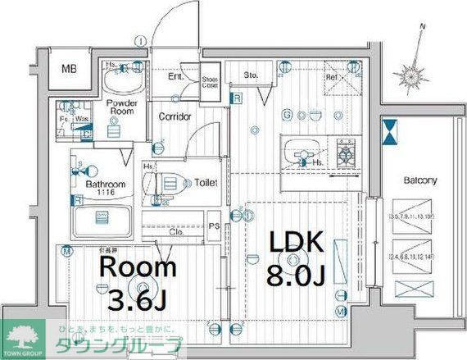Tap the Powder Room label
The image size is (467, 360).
point(121,107)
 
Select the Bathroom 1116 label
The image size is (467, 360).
point(106,188)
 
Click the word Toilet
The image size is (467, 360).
point(205,183)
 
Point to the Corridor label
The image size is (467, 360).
point(175,116)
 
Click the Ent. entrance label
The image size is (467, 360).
point(175,76)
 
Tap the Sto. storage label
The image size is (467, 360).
point(252,75)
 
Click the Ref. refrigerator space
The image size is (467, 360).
point(332,79)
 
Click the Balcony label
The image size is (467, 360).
point(419,180)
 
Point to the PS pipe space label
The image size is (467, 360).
point(213,226)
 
